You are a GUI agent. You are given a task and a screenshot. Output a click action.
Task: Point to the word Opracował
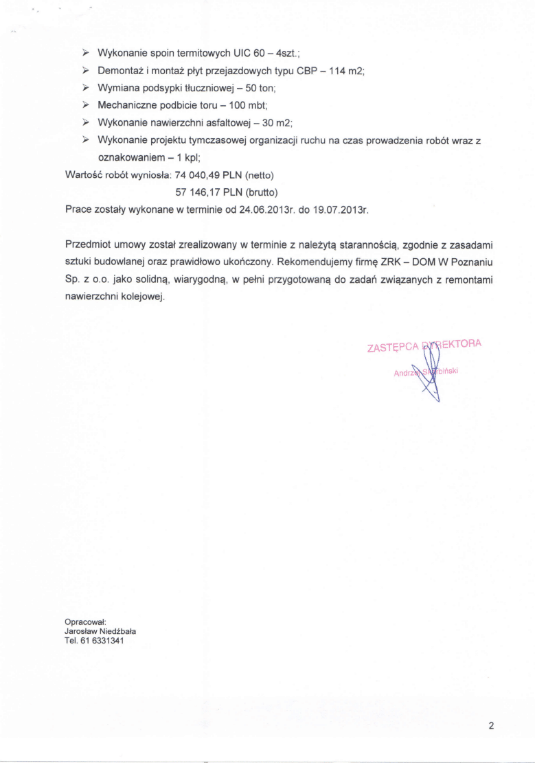(x=85, y=622)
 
